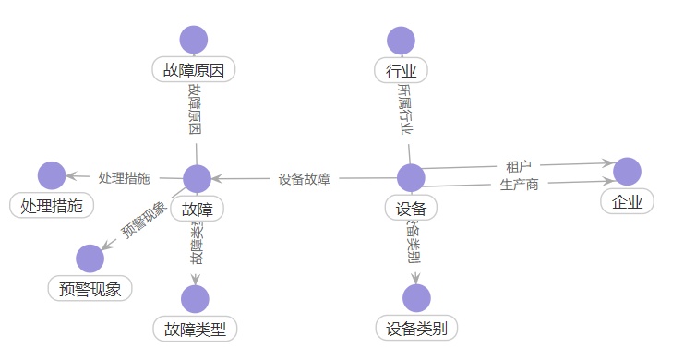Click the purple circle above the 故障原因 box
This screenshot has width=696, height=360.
pos(194,41)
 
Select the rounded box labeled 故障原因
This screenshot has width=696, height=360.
pos(194,69)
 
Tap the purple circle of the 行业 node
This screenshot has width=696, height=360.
pos(401,41)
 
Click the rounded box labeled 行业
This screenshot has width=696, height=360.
pos(401,69)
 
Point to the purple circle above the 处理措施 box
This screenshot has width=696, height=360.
pos(52,175)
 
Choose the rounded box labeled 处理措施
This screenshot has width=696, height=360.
pos(52,206)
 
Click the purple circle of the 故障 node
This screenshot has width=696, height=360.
pos(198,179)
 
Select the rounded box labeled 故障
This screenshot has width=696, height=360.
pos(198,209)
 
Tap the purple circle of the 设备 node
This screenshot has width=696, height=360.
pos(410,178)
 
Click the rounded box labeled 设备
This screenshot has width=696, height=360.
pos(410,209)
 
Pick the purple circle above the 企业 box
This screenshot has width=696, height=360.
pos(627,171)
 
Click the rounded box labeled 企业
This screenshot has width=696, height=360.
pos(627,200)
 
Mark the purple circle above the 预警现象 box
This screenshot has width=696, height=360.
pos(90,259)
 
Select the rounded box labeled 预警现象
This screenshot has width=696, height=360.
pos(90,288)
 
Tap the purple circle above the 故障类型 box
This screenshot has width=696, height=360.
pos(195,299)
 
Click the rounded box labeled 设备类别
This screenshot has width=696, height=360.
pos(416,328)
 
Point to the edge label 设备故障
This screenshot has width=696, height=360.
pos(304,178)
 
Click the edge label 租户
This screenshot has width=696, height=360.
pos(519,166)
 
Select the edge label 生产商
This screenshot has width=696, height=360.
pos(519,184)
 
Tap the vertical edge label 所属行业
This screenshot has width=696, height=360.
pos(404,108)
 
